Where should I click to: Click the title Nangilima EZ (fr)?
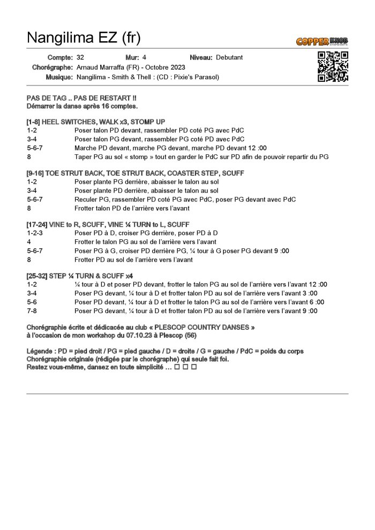(x=84, y=37)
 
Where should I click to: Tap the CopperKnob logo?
(x=322, y=41)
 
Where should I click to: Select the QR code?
(x=333, y=66)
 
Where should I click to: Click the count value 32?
(x=80, y=57)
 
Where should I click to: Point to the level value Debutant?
(x=229, y=57)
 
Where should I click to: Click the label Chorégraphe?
(x=52, y=67)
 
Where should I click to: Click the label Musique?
(x=59, y=77)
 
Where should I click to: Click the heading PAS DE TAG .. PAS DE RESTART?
(x=80, y=99)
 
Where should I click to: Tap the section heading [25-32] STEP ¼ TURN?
(x=64, y=275)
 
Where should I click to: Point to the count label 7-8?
(x=32, y=311)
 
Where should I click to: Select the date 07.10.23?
(x=140, y=336)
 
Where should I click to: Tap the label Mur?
(x=132, y=57)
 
